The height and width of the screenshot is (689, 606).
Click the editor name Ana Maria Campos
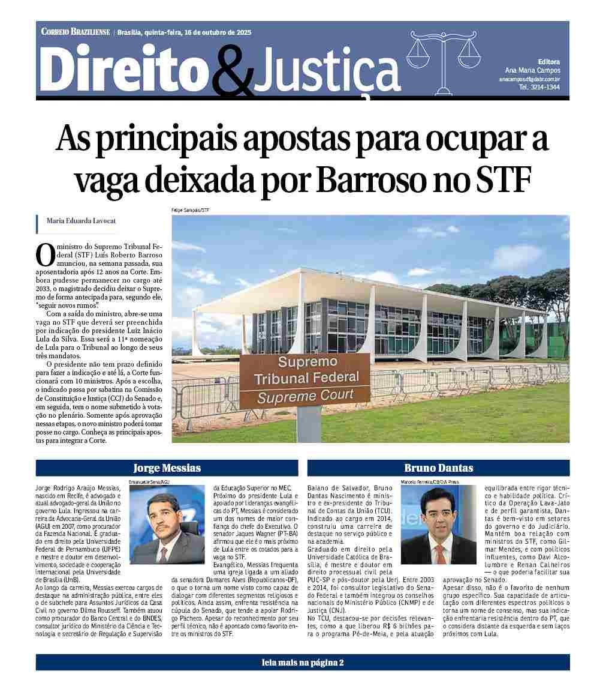click(532, 70)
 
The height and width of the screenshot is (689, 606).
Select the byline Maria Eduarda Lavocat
click(81, 221)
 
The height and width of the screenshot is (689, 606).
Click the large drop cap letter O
click(46, 254)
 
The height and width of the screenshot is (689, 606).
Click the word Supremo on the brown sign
click(307, 362)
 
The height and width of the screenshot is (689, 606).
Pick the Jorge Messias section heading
click(167, 468)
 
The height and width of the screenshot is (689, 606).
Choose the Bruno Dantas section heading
click(438, 468)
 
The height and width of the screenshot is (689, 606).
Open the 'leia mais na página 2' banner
click(303, 663)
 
